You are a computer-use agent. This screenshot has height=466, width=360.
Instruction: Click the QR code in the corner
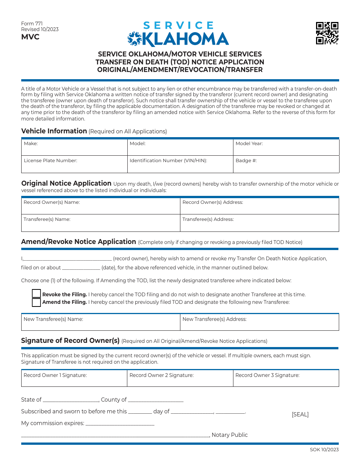coord(327,33)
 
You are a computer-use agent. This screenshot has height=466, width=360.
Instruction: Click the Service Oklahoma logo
coord(178,34)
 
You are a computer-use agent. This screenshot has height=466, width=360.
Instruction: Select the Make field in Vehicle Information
coord(74,147)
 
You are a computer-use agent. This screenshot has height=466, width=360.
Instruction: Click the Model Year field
coord(286,147)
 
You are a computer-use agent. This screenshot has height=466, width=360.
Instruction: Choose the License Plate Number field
coord(74,164)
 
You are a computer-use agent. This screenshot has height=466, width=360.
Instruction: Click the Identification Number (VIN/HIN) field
coord(180,164)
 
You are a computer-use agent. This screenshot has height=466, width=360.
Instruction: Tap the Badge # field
coord(286,164)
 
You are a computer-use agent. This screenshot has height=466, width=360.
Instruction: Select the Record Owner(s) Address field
coord(259,206)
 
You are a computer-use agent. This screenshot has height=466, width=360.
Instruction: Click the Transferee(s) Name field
coord(100,223)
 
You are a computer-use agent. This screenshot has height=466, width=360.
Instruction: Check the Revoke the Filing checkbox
coord(36,294)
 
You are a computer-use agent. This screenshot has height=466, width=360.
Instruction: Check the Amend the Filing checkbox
coord(36,302)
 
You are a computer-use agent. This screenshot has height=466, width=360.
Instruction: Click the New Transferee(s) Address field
coord(259,322)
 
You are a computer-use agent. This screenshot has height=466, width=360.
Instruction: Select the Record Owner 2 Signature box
coord(180,378)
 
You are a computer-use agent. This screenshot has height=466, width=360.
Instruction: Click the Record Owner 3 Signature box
coord(286,378)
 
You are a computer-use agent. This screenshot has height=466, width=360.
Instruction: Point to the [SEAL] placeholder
coord(300,414)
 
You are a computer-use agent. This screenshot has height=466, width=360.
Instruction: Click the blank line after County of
coord(156,400)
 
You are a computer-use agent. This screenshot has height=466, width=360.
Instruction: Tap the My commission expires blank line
coord(120,424)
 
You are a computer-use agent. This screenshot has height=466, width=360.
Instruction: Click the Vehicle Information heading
coord(54,131)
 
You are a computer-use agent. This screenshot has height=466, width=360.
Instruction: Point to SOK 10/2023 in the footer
coord(324,450)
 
